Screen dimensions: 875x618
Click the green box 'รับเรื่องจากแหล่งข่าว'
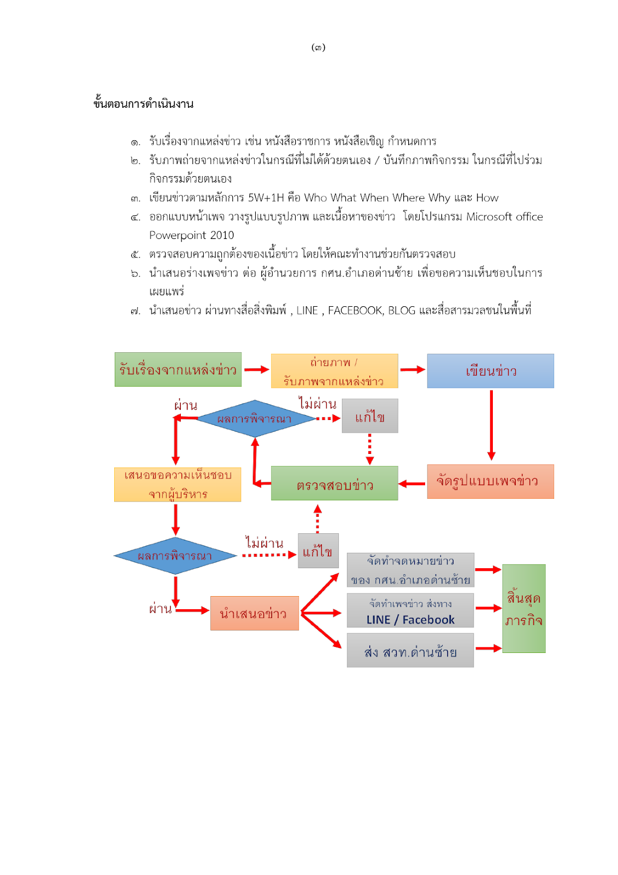tap(178, 370)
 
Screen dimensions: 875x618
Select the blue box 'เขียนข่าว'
tap(490, 371)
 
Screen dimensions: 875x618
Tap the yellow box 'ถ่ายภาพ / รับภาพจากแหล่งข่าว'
tap(334, 371)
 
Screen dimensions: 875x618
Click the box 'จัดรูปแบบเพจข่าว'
tap(490, 481)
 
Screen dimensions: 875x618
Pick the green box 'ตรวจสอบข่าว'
tap(334, 483)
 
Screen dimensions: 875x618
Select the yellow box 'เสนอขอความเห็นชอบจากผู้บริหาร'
tap(178, 485)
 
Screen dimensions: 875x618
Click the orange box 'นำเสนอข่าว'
tap(254, 613)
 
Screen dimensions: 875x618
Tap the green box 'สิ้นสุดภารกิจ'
tap(523, 608)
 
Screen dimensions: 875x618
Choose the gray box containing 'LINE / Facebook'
tap(410, 611)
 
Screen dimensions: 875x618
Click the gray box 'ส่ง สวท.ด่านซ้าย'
tap(410, 650)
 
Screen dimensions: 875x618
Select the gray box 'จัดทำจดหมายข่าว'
tap(410, 570)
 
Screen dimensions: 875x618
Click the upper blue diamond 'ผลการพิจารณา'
tap(255, 419)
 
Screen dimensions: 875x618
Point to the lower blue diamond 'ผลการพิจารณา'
tap(175, 556)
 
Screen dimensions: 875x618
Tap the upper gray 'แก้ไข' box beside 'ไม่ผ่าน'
tap(370, 416)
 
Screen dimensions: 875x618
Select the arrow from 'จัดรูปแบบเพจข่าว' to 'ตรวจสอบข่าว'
tap(412, 483)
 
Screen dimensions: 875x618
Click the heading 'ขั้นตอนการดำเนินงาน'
tap(143, 104)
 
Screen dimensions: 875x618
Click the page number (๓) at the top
tap(318, 48)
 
